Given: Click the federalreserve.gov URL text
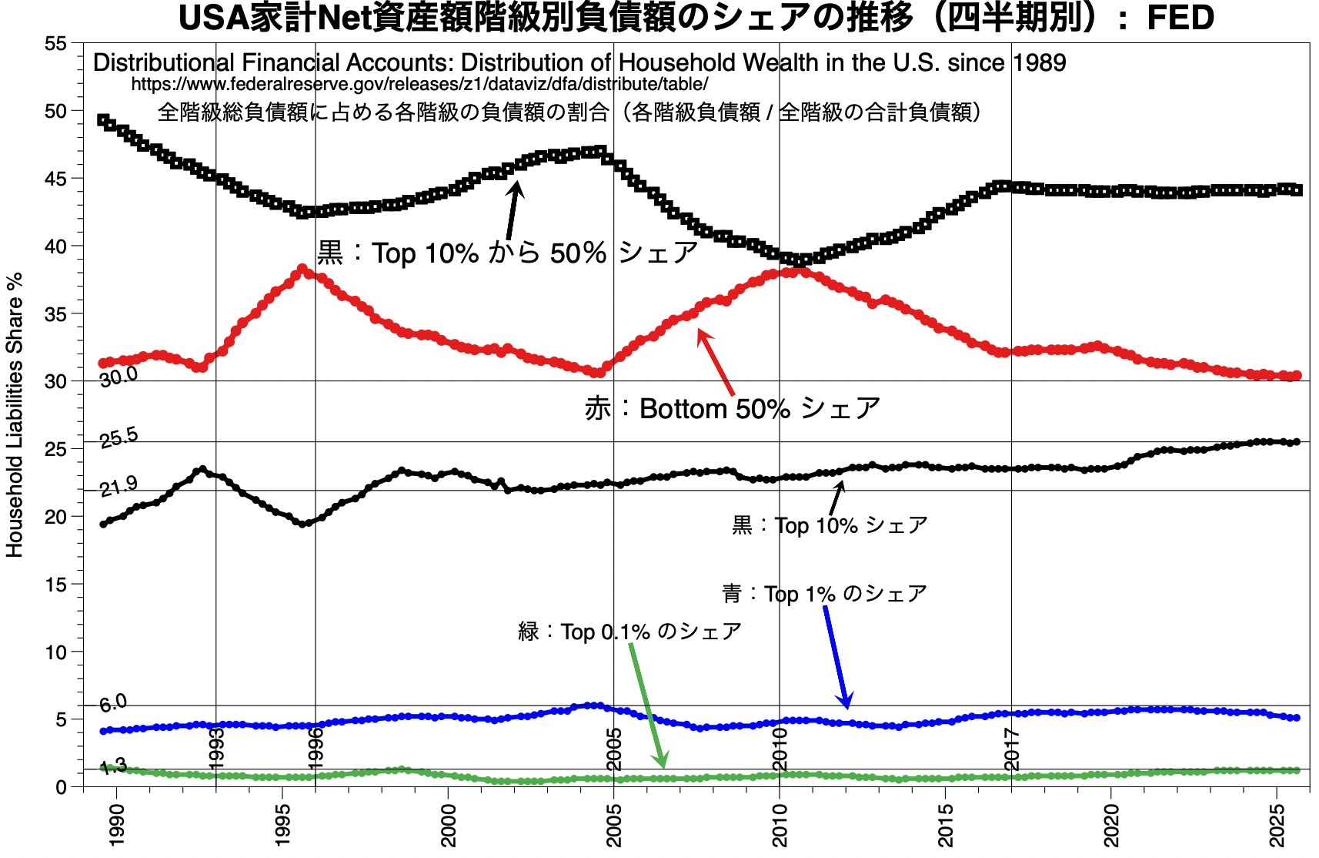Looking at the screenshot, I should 419,84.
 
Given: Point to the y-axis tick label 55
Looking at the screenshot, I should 55,44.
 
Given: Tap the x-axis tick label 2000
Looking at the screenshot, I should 449,825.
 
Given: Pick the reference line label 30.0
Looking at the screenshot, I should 119,376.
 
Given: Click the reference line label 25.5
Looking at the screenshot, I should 119,437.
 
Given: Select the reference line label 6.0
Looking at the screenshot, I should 113,702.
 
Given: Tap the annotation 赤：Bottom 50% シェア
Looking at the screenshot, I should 732,408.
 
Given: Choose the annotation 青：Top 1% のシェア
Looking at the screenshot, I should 824,594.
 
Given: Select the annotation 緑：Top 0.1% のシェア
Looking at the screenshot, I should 629,632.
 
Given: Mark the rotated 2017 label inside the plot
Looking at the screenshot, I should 1012,749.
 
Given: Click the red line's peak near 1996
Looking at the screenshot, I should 302,270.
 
